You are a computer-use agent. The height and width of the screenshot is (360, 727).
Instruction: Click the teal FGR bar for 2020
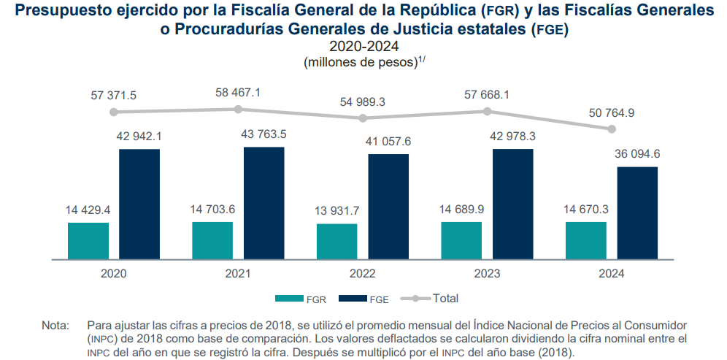click(88, 241)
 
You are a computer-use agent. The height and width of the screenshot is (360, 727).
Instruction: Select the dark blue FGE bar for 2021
click(264, 203)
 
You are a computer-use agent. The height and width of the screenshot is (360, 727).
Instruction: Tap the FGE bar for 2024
click(637, 212)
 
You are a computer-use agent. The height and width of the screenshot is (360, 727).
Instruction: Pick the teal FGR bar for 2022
click(337, 242)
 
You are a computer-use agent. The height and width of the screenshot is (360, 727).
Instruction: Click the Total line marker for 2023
click(487, 111)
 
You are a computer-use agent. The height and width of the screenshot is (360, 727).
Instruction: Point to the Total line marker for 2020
click(114, 112)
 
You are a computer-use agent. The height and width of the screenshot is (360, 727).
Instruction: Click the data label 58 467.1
click(238, 93)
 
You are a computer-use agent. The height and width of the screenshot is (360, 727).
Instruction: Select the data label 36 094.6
click(637, 153)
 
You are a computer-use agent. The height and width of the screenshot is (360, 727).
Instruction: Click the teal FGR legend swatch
click(289, 298)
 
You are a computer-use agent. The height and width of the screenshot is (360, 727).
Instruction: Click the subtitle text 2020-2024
click(363, 47)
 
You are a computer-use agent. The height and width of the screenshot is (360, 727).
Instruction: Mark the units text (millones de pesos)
click(360, 63)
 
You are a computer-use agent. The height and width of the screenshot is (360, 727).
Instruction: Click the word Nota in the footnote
click(55, 324)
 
